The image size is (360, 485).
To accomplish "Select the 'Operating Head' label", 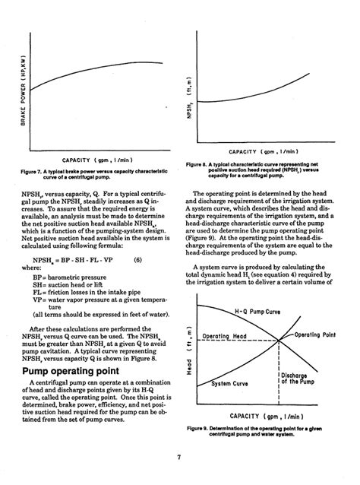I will coord(226,335).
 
